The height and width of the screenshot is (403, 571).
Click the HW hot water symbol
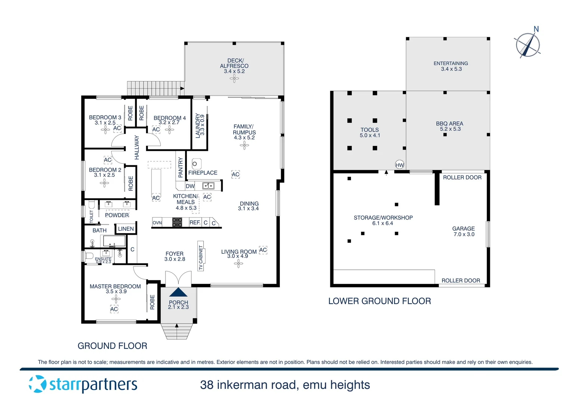(399, 165)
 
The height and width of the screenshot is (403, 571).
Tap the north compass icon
(528, 45)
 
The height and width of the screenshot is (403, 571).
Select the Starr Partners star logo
(38, 384)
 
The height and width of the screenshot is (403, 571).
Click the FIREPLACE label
(203, 173)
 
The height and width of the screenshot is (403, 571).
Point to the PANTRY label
(181, 167)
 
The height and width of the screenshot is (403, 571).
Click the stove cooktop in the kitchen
(177, 222)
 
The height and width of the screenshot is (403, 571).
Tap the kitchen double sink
(208, 185)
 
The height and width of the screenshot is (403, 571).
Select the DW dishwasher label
(190, 186)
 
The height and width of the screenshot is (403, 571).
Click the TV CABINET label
(201, 257)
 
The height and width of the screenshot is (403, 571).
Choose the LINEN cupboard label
(126, 229)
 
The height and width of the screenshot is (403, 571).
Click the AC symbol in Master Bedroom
(114, 309)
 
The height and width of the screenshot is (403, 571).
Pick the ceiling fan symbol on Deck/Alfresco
(234, 78)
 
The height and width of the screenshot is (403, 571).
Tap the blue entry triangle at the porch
(178, 292)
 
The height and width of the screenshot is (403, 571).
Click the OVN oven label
(157, 223)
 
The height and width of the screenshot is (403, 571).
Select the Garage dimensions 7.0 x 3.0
(464, 234)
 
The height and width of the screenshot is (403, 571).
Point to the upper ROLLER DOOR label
(462, 177)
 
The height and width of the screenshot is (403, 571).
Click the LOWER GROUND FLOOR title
(379, 301)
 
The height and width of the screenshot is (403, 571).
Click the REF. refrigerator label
(195, 222)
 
